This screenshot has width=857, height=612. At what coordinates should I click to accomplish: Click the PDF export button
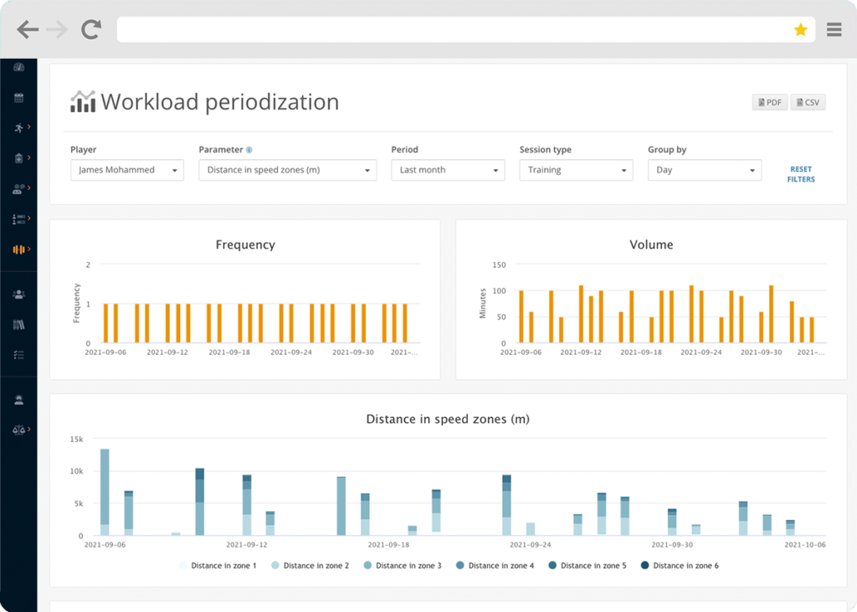point(769,102)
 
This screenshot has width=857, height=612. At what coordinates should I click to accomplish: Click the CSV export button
point(808,102)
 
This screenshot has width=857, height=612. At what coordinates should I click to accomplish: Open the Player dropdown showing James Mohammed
point(126,170)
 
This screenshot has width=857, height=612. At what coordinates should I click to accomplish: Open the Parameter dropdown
point(288,170)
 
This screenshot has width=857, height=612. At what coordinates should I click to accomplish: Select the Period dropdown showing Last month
point(448,170)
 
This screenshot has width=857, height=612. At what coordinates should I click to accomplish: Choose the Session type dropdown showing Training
point(576,170)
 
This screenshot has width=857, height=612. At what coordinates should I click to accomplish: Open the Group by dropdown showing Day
point(704,170)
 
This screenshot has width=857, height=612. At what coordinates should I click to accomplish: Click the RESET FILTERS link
point(800,174)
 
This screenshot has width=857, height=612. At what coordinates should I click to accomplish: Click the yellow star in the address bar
point(800,30)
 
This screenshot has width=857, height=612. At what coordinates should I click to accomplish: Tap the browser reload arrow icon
point(90,30)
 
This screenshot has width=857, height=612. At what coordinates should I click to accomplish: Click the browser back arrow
point(28,30)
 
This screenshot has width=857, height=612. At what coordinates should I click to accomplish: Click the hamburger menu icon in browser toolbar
point(834,30)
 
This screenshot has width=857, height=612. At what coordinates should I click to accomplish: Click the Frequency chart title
point(245,244)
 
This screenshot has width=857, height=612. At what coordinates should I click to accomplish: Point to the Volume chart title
point(651,244)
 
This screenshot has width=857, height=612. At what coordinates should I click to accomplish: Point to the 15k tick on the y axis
point(76,439)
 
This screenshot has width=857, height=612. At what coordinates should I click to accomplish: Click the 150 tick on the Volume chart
point(499,265)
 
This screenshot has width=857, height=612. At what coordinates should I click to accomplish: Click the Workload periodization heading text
point(219,102)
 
